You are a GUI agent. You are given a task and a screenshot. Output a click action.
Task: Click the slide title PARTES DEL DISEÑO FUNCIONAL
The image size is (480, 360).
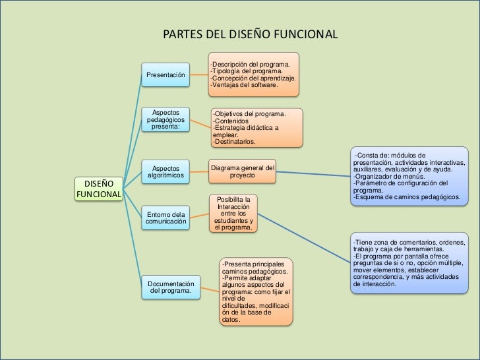(x=249, y=34)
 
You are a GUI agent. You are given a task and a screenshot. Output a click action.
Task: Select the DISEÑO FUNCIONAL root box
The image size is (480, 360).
(x=99, y=188)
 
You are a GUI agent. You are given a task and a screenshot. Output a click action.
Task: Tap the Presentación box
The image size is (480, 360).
(x=165, y=75)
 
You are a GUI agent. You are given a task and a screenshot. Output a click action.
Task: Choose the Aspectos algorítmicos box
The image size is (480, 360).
(x=165, y=173)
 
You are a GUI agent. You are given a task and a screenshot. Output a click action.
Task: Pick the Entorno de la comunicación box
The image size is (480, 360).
(x=165, y=218)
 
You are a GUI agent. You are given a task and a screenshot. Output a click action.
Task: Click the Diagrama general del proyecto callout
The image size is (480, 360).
(x=242, y=170)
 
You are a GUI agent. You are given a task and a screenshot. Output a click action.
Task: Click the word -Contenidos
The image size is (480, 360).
(x=230, y=121)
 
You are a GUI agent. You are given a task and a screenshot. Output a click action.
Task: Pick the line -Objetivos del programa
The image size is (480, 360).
(x=248, y=114)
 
